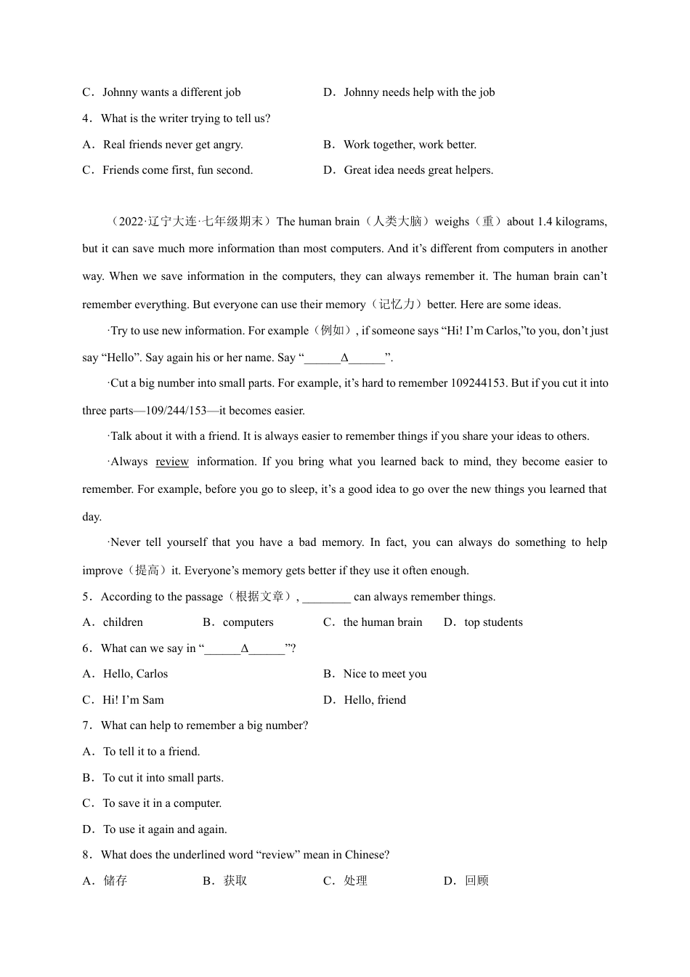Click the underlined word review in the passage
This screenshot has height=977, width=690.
coord(172,462)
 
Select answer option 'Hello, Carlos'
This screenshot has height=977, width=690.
coord(135,674)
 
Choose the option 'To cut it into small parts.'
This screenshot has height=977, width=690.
coord(163,778)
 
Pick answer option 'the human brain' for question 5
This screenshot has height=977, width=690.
coord(382,622)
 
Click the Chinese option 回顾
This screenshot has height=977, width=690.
coord(476,880)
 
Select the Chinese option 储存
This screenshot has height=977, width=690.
coord(115,880)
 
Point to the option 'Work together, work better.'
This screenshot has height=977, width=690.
coord(410,145)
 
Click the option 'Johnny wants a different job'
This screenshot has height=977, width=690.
coord(171,92)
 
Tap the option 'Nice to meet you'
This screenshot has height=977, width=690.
coord(385,674)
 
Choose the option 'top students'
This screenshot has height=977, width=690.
coord(493,622)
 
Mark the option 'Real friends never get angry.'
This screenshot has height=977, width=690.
coord(173,145)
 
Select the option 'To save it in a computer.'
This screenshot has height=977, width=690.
coord(162,803)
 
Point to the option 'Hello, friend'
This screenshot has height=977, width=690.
coord(375,700)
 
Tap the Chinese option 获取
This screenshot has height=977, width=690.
coord(235,880)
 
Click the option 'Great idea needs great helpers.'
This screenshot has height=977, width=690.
coord(418,170)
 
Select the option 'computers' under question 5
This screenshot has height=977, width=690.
coord(248,622)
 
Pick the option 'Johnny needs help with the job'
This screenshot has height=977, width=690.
coord(419,92)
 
